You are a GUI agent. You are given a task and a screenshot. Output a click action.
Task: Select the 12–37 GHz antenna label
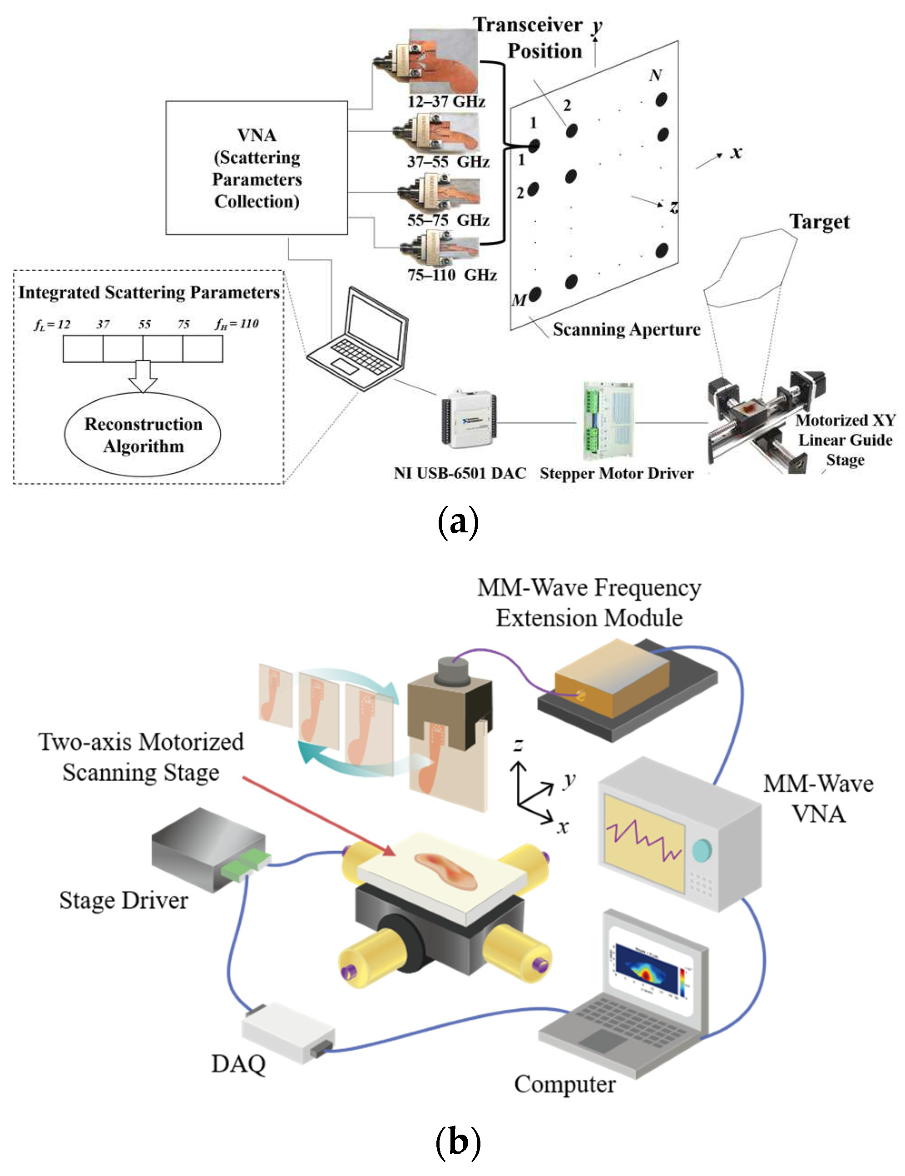click(x=446, y=101)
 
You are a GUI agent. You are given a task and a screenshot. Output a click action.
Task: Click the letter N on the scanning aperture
click(x=655, y=75)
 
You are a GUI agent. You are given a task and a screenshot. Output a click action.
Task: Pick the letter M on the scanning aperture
click(x=519, y=300)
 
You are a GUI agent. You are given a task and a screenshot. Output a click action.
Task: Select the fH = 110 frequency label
click(x=237, y=323)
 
